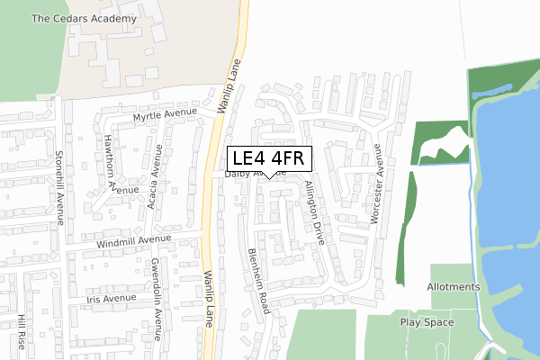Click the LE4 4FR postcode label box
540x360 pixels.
[x=270, y=158]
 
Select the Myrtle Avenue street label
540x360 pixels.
[x=165, y=115]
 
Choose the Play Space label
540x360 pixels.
[x=427, y=321]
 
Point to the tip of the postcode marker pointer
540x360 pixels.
[x=270, y=178]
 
